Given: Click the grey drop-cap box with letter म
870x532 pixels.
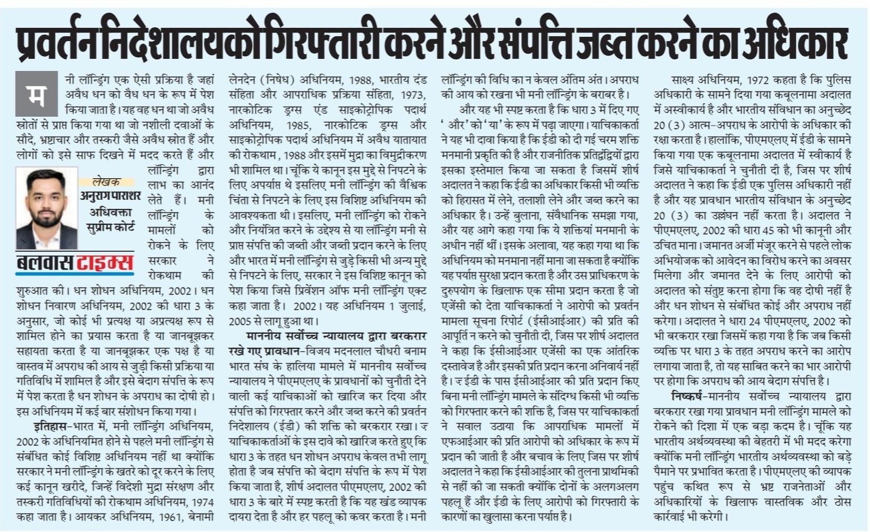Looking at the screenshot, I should tap(36, 94).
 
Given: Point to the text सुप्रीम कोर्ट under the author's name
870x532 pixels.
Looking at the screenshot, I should tap(110, 227).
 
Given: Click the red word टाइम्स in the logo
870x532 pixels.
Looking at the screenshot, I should tap(105, 262).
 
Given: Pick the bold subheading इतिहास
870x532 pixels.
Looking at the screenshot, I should tap(50, 426).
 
